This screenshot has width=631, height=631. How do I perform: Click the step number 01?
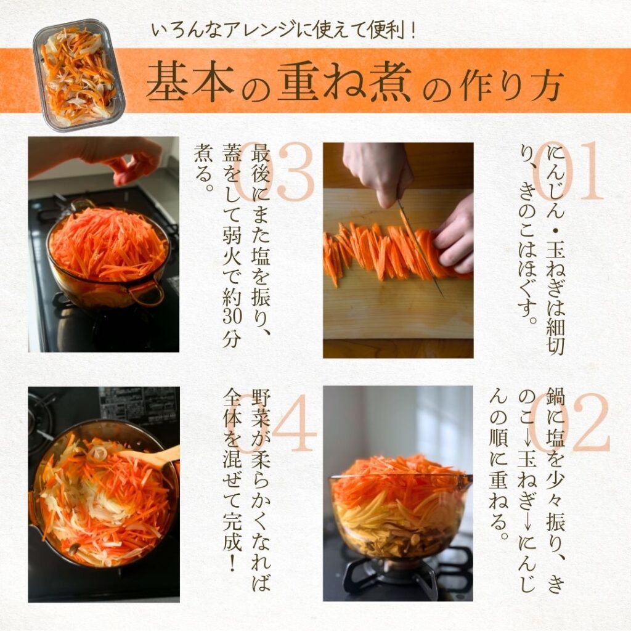pyautogui.click(x=568, y=171)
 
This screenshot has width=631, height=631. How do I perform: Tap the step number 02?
pyautogui.click(x=568, y=422)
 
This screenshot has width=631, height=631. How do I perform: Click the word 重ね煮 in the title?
pyautogui.click(x=344, y=82)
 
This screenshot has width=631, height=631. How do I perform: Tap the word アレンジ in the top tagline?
pyautogui.click(x=258, y=31)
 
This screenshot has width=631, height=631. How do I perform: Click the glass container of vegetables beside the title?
pyautogui.click(x=79, y=75)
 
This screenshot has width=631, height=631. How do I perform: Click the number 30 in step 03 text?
pyautogui.click(x=232, y=315)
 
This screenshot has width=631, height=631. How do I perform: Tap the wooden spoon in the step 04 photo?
pyautogui.click(x=152, y=457)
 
